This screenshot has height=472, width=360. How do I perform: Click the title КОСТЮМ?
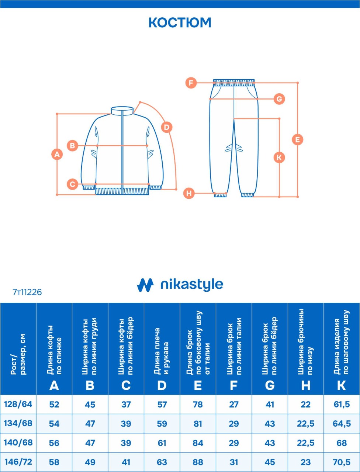180,22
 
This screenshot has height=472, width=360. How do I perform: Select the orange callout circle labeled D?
167,128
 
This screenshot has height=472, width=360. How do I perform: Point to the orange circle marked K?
279,157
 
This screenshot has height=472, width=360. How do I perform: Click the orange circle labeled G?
279,99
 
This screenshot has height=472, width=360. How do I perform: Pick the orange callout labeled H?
189,193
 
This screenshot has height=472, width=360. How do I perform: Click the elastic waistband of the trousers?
233,82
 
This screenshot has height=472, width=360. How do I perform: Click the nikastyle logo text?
191,285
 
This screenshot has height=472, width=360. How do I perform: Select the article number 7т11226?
27,292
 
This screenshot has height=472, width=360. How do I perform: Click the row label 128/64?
18,404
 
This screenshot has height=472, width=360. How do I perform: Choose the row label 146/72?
18,462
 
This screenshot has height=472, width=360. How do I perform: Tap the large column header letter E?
198,386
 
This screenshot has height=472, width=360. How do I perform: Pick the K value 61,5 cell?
342,405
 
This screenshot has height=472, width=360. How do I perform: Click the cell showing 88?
198,462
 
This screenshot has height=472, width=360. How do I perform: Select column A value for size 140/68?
54,443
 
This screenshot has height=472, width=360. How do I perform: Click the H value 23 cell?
306,462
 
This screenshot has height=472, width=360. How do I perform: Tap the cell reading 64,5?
342,424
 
